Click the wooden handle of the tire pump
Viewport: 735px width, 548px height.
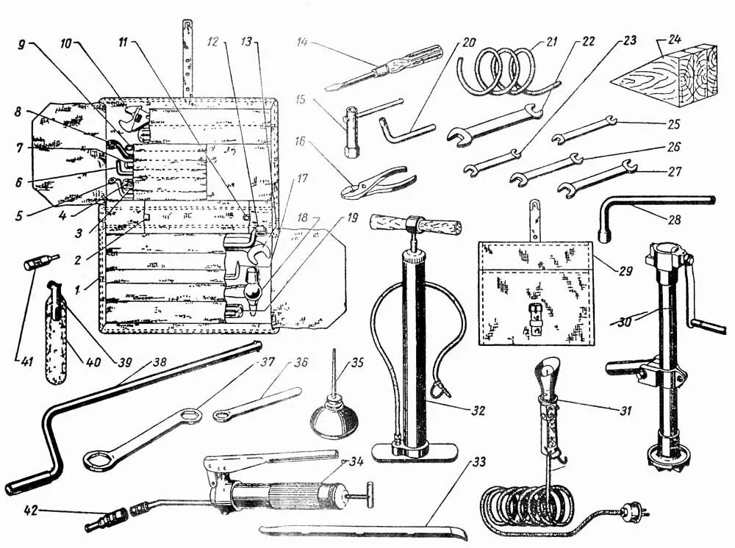click(x=416, y=222)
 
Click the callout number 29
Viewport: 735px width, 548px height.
click(x=625, y=271)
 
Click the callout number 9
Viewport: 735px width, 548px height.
click(x=21, y=43)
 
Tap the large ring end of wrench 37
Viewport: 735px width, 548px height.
click(x=97, y=461)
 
